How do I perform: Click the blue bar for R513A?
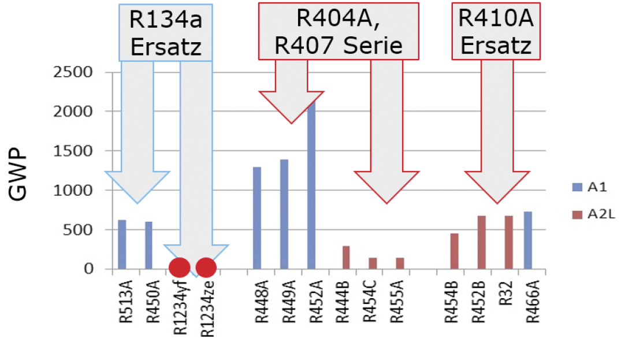(x=122, y=244)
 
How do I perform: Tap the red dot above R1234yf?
(x=179, y=268)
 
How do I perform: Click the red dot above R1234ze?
(x=206, y=268)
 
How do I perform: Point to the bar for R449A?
(x=284, y=214)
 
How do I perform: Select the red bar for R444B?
(x=346, y=257)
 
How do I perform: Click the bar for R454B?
(x=455, y=251)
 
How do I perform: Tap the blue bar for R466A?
(x=528, y=240)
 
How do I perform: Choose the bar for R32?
(x=508, y=242)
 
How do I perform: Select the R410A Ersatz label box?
(x=496, y=31)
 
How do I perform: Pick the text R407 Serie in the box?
(x=339, y=46)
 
